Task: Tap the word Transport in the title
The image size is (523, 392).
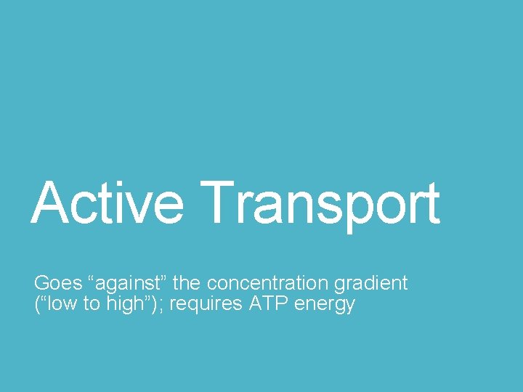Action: click(320, 203)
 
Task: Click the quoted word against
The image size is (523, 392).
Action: click(118, 283)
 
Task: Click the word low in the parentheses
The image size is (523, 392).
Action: click(60, 303)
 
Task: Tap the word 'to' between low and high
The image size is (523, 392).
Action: click(92, 304)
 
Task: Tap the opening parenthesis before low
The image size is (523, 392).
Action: click(37, 304)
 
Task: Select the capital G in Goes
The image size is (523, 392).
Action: click(41, 283)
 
